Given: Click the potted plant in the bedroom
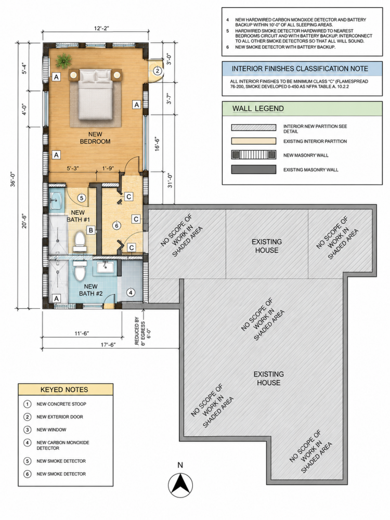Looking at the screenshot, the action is pos(63,60).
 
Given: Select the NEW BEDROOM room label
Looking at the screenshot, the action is pos(95,138).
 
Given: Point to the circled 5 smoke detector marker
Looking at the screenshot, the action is pos(82,198).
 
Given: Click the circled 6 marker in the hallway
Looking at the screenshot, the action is pos(116,226).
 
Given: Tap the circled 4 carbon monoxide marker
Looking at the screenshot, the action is pos(131,292).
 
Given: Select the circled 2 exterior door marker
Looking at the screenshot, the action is pos(158,71).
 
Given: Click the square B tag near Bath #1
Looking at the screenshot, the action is pos(90,230).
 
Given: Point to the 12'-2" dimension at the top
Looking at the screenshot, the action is pos(101,29).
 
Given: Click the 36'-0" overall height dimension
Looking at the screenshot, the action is pos(14,179).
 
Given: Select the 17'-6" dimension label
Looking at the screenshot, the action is pos(108,345).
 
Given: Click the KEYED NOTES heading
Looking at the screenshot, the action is pos(64,389).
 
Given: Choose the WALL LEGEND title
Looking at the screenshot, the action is pos(258,109).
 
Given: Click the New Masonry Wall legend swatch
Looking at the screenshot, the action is pos(254,155).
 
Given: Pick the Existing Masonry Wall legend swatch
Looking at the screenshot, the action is pos(254,170).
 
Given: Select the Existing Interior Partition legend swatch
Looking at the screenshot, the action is pos(254,141).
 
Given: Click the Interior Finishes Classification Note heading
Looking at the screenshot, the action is pos(300,69).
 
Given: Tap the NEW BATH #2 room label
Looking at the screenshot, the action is pos(91,290).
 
